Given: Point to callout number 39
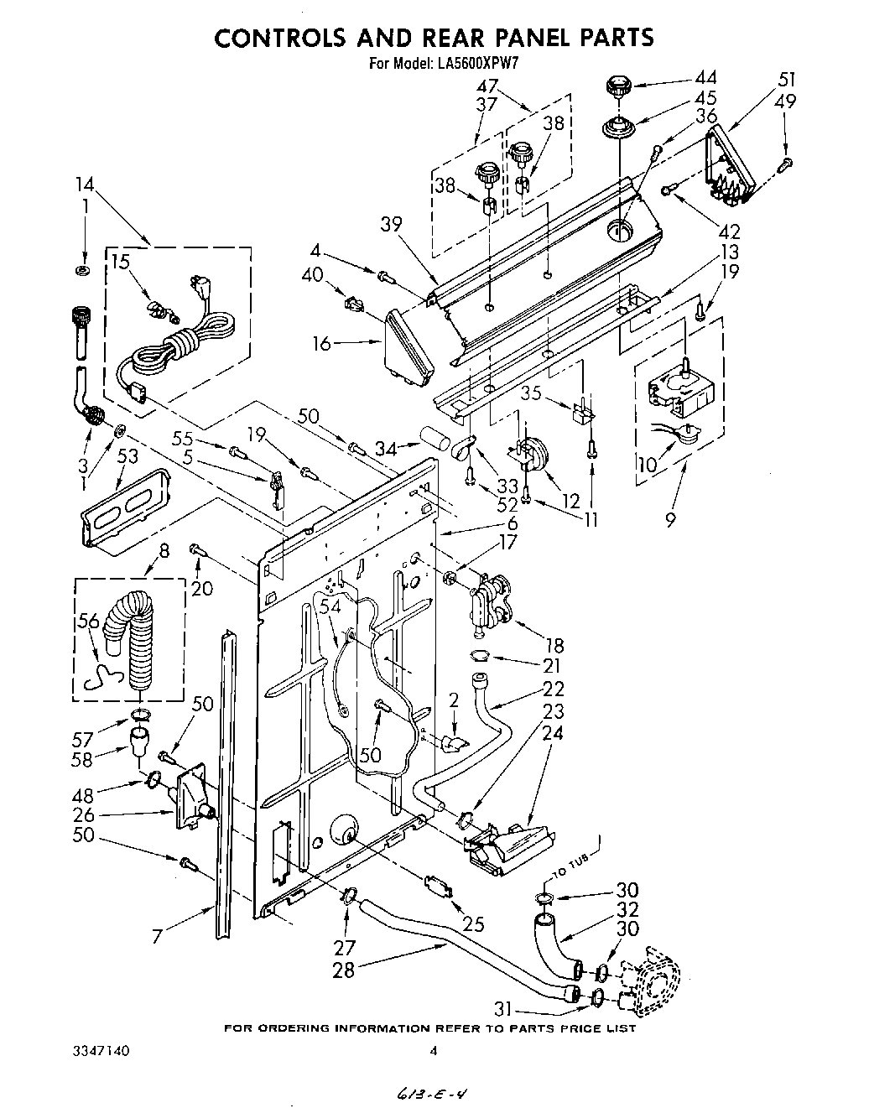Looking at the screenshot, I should [x=391, y=224].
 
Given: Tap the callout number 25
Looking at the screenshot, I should [x=474, y=924].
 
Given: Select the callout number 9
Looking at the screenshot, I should [x=670, y=520].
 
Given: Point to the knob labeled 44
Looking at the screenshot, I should [x=617, y=85].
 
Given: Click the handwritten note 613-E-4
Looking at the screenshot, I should [x=434, y=1094].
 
